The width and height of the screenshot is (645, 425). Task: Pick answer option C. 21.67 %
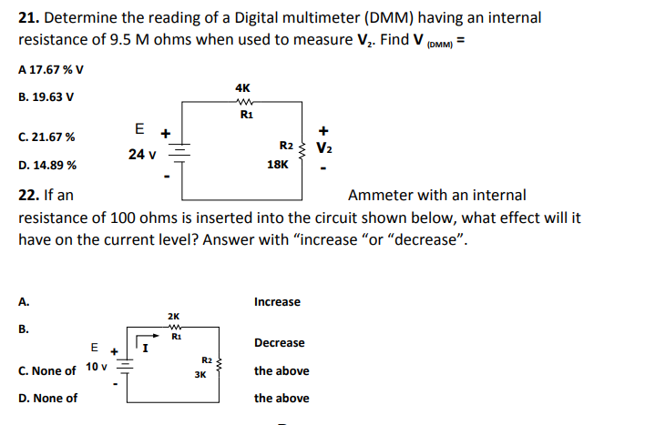tap(46, 137)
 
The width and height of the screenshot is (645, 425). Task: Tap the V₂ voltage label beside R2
tap(323, 147)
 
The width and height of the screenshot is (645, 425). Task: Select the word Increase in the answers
tap(277, 301)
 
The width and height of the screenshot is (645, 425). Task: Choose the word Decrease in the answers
tap(280, 343)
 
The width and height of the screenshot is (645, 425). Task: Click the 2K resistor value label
tap(174, 316)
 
